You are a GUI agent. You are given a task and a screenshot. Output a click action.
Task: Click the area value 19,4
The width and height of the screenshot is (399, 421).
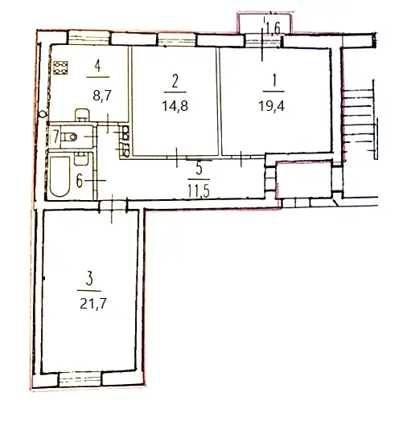[271, 106]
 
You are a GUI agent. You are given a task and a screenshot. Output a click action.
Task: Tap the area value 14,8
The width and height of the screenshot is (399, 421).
[175, 106]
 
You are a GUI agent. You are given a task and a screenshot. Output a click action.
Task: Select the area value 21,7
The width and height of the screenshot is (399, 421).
[93, 305]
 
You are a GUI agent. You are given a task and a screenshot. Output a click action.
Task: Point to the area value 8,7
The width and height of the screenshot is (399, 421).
[102, 96]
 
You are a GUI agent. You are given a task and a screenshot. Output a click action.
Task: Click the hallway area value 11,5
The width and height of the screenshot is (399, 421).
[199, 192]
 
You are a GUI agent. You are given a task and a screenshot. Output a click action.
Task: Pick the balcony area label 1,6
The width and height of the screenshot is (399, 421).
[274, 28]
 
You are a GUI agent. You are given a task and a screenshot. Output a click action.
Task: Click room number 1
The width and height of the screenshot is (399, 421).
[274, 80]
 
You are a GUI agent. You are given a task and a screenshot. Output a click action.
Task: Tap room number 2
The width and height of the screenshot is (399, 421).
[175, 81]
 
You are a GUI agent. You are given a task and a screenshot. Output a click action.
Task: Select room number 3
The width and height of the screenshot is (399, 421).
[89, 279]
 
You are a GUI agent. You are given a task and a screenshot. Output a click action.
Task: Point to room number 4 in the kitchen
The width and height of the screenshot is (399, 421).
[97, 66]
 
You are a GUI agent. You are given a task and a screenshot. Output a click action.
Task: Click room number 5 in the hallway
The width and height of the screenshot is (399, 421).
[199, 170]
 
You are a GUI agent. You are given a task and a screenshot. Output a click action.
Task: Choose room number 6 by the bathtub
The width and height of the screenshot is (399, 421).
[80, 181]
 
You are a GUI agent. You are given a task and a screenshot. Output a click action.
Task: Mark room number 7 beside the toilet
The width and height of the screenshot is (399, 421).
[56, 137]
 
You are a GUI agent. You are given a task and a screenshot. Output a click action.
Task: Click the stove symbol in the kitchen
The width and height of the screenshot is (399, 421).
[60, 67]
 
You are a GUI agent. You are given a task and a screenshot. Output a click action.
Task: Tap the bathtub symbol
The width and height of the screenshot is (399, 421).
[60, 177]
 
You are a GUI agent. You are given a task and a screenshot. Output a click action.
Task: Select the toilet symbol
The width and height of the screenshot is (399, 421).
[69, 137]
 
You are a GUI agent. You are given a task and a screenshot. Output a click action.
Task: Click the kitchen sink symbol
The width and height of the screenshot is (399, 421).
[81, 115]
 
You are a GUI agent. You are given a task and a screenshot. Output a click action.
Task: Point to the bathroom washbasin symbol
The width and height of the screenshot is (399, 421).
[80, 158]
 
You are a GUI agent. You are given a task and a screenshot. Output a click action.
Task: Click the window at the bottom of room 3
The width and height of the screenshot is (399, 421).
[80, 379]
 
